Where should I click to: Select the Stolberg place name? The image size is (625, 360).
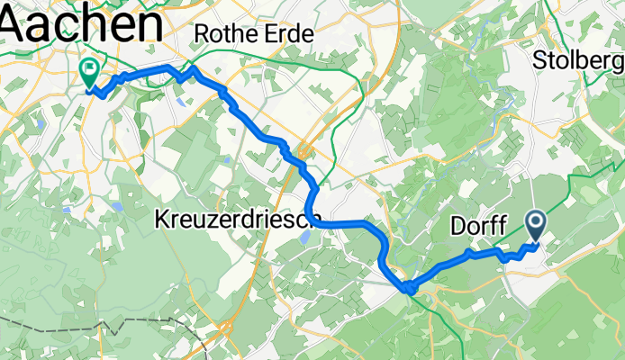tap(579, 61)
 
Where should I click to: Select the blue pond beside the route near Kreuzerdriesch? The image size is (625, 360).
tap(303, 237)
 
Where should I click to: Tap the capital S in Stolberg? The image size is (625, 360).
tap(540, 61)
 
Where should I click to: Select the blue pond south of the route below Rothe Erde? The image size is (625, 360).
tap(183, 102)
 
